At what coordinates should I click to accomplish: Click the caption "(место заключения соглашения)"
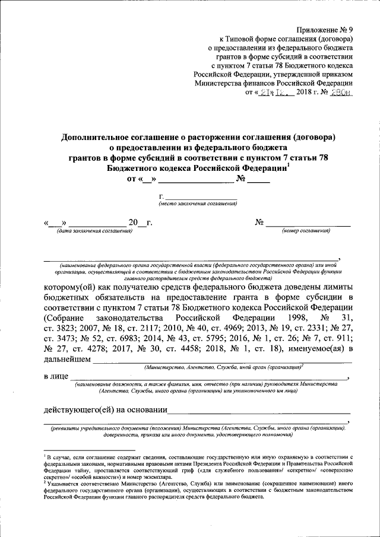click(x=198, y=204)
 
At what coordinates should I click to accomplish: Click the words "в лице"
click(x=55, y=377)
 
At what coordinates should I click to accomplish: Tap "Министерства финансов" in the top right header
click(x=237, y=84)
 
